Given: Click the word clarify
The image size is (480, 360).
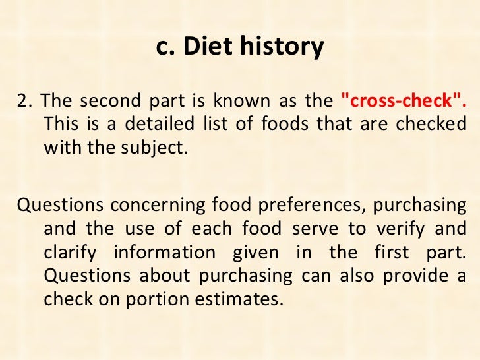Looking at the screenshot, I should (70, 253).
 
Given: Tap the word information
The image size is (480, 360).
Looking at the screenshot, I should (164, 253).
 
